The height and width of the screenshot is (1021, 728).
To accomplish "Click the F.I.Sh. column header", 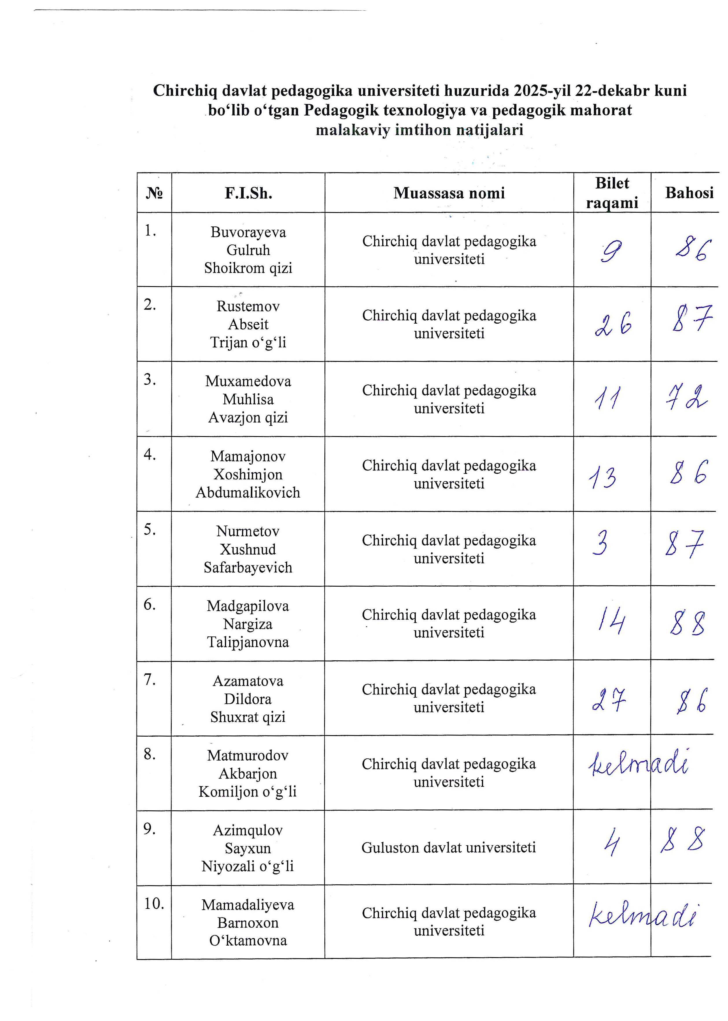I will (x=248, y=193).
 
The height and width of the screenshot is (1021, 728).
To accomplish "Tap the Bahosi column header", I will (x=689, y=193).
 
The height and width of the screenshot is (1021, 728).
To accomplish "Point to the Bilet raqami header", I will (x=612, y=193).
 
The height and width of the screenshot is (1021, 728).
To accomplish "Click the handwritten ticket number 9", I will (x=611, y=252).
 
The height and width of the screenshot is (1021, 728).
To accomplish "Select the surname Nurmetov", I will (x=248, y=531).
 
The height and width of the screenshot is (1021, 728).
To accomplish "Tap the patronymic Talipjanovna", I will (x=248, y=642).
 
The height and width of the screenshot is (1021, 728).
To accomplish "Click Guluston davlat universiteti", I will (x=449, y=848).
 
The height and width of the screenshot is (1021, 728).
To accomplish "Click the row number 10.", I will (x=154, y=904).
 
